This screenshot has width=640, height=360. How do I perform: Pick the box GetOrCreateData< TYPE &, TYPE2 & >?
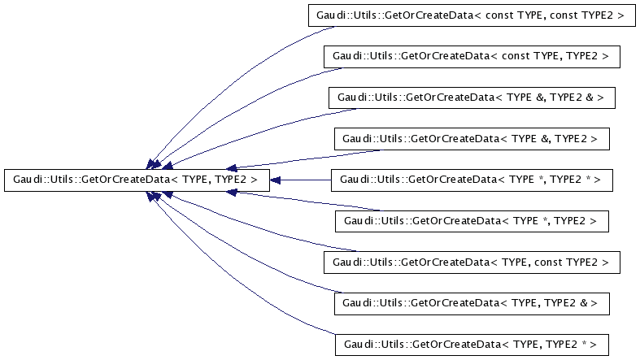tap(471, 98)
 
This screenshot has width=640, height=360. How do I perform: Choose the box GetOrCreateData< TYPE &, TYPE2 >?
tap(472, 139)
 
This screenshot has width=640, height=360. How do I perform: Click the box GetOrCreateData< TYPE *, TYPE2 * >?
tap(471, 180)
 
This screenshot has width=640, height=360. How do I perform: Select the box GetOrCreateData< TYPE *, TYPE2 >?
tap(472, 220)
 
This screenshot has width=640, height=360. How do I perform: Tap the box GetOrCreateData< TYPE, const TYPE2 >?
tap(472, 262)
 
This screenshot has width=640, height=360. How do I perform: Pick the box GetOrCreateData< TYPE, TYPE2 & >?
tap(472, 302)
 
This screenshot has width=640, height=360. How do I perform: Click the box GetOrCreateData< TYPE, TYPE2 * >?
tap(472, 344)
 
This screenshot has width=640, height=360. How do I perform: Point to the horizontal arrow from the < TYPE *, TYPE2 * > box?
tap(301, 180)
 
